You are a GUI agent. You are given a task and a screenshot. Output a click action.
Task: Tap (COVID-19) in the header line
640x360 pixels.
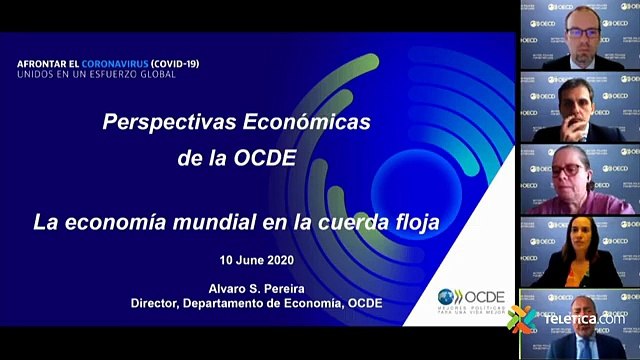(x=169, y=63)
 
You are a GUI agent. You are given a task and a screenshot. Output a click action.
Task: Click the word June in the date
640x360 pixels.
(x=254, y=260)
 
